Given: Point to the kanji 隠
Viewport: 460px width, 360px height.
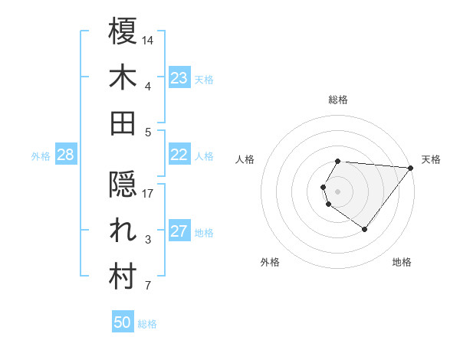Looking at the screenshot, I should (123, 185).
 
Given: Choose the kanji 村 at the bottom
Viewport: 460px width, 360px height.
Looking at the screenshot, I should (123, 277).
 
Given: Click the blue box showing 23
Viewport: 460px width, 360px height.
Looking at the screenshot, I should (179, 77).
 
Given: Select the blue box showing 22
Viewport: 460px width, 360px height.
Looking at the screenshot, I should (179, 155).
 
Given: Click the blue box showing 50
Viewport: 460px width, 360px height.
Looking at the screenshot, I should (123, 322).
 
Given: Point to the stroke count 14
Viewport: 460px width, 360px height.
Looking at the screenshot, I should (148, 39).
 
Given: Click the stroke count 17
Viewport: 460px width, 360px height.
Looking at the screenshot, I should (148, 193).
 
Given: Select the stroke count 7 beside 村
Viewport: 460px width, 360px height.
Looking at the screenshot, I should (147, 286).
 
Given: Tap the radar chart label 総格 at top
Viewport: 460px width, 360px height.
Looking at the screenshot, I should (338, 100).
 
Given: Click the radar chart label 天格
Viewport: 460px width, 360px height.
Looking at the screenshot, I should (431, 159).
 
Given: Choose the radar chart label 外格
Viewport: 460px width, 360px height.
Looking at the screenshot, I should (270, 263).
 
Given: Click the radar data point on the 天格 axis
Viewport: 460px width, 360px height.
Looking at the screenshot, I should (411, 168).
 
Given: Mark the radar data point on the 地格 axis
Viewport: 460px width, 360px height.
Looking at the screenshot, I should (364, 229).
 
